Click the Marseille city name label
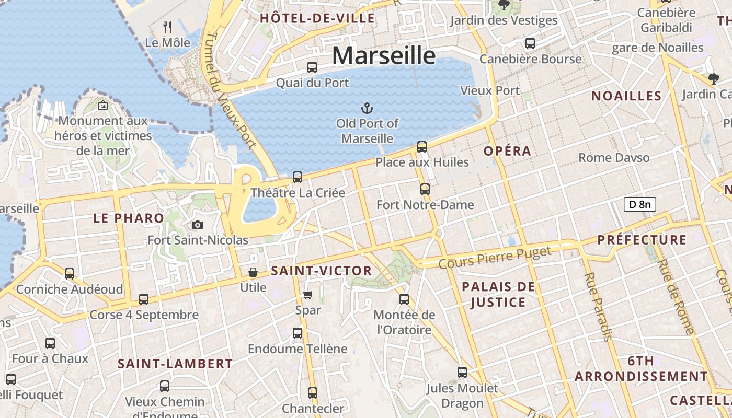[383, 55]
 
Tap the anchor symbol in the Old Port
[367, 108]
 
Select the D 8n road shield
[639, 204]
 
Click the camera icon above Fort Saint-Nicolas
[197, 225]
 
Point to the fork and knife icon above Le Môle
[167, 27]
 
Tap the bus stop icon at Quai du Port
[312, 67]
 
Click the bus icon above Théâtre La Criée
[298, 177]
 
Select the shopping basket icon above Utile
[253, 272]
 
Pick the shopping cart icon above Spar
[308, 295]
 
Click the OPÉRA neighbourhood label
[507, 151]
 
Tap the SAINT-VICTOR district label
[321, 271]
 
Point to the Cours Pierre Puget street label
[495, 258]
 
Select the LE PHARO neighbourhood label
[129, 218]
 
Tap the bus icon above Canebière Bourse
[530, 43]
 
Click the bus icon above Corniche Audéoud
[70, 273]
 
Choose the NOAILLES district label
[626, 96]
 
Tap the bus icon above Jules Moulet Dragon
[462, 373]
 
